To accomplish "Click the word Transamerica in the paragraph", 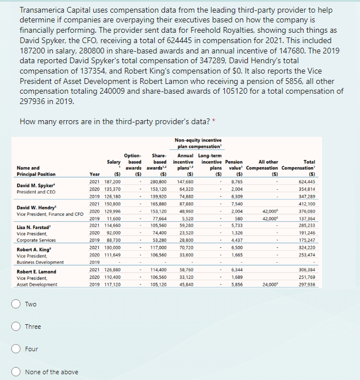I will [x=44, y=10].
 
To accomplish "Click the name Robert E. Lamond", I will [x=37, y=271].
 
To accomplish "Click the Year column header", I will [x=95, y=174].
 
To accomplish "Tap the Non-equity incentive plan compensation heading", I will [x=198, y=143].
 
